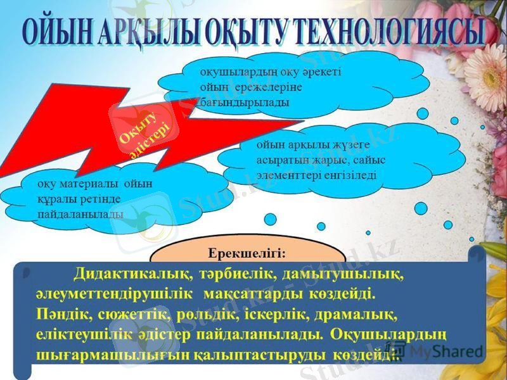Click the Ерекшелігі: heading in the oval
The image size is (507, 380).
(247, 252)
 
